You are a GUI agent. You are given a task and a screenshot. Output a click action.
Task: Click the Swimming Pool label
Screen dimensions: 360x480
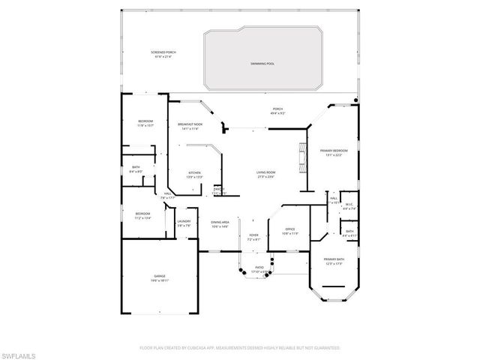[x=262, y=64]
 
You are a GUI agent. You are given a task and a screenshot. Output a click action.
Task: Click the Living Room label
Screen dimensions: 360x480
[x=265, y=175]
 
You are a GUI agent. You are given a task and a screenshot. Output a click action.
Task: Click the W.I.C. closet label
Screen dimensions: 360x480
[x=348, y=207]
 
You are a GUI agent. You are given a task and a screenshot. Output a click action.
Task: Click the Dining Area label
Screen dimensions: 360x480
[x=220, y=223]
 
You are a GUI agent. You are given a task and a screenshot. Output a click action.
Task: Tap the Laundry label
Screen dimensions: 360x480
[x=184, y=223]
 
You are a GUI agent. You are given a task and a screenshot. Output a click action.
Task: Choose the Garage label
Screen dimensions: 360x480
[x=159, y=278]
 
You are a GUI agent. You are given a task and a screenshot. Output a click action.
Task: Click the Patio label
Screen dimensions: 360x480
[x=259, y=268]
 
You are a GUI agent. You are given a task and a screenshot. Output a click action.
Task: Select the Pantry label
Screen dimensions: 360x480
[x=217, y=190]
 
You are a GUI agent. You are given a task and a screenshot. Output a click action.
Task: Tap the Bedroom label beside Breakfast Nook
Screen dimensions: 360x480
[x=145, y=123]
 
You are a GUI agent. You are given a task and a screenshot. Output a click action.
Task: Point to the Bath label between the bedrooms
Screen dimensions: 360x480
[x=136, y=169]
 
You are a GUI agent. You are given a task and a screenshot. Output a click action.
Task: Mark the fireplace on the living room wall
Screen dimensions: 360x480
[x=303, y=157]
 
